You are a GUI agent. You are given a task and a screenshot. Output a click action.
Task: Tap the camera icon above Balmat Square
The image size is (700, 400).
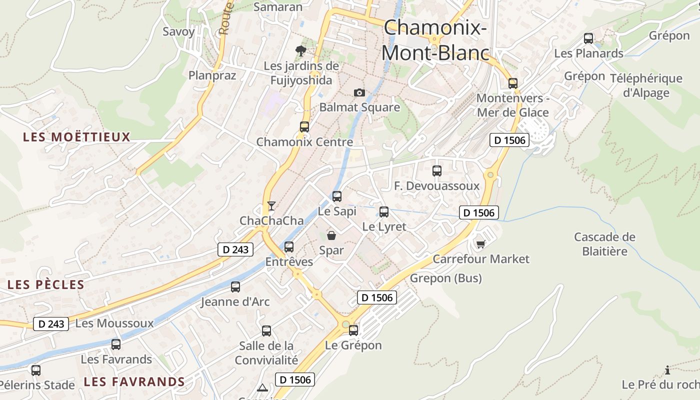point(359,92)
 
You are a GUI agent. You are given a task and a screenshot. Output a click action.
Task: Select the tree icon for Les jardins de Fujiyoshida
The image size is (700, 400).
point(300,50)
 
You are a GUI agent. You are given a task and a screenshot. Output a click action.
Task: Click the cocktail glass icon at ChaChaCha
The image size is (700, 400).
point(271,205)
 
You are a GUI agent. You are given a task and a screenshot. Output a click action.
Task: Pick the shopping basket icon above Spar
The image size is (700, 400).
point(331,235)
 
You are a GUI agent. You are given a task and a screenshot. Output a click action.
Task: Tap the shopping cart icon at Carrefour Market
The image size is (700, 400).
point(480,244)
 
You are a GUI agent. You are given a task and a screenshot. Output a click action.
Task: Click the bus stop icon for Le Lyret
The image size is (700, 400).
point(383,211)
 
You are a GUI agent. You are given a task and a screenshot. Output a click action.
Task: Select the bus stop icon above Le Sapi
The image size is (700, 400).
point(337,196)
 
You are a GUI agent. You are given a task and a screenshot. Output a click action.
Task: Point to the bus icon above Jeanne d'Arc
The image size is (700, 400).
point(235,287)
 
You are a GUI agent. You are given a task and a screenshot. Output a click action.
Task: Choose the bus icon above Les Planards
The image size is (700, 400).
point(588,38)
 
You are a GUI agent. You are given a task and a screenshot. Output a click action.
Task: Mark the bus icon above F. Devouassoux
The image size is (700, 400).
point(436,171)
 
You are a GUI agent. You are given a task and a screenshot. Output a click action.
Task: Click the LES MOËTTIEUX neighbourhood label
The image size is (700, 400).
point(76,137)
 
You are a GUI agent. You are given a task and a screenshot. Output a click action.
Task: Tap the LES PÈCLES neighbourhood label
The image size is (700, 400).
point(46,285)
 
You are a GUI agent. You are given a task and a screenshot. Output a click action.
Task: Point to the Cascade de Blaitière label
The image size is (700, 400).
point(604,243)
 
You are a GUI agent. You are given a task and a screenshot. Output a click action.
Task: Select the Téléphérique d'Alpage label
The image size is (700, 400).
point(646,85)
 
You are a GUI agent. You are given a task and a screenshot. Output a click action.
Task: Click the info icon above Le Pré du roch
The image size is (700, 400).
point(667,370)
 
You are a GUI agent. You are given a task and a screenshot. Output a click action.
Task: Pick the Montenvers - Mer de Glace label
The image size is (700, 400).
point(512,105)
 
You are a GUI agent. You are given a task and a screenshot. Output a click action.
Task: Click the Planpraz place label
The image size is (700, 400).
point(212,75)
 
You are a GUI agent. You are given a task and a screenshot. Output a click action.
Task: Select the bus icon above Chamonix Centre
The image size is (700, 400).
point(304,127)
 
